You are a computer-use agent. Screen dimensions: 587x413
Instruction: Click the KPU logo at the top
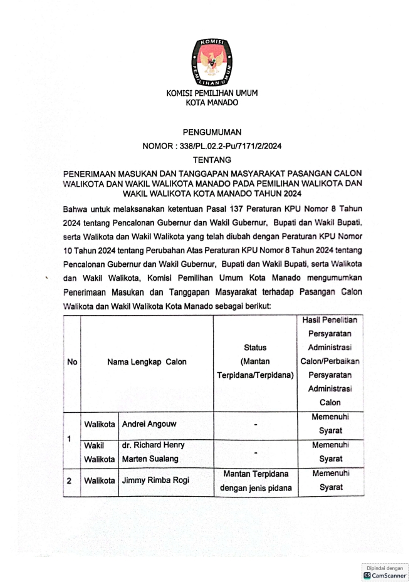pyautogui.click(x=211, y=61)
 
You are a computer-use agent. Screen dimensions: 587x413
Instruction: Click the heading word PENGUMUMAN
pyautogui.click(x=212, y=132)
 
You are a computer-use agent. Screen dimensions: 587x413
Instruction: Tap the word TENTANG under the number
pyautogui.click(x=212, y=160)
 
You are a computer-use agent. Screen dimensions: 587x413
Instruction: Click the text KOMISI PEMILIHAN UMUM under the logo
pyautogui.click(x=212, y=93)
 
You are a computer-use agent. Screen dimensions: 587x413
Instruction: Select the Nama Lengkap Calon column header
pyautogui.click(x=147, y=361)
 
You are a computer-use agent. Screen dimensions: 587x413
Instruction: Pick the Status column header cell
pyautogui.click(x=255, y=361)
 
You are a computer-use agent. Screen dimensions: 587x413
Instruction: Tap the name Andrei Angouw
pyautogui.click(x=149, y=424)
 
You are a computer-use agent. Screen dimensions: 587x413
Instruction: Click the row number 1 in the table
pyautogui.click(x=71, y=438)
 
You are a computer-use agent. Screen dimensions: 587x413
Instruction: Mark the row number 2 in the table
pyautogui.click(x=71, y=481)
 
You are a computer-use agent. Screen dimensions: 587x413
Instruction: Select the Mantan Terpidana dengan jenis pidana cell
pyautogui.click(x=255, y=481)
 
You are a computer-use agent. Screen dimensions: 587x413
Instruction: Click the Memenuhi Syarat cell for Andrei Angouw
pyautogui.click(x=330, y=424)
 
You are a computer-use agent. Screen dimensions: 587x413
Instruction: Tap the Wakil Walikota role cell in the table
pyautogui.click(x=99, y=452)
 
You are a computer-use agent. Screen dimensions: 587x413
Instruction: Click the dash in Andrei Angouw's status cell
pyautogui.click(x=255, y=425)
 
